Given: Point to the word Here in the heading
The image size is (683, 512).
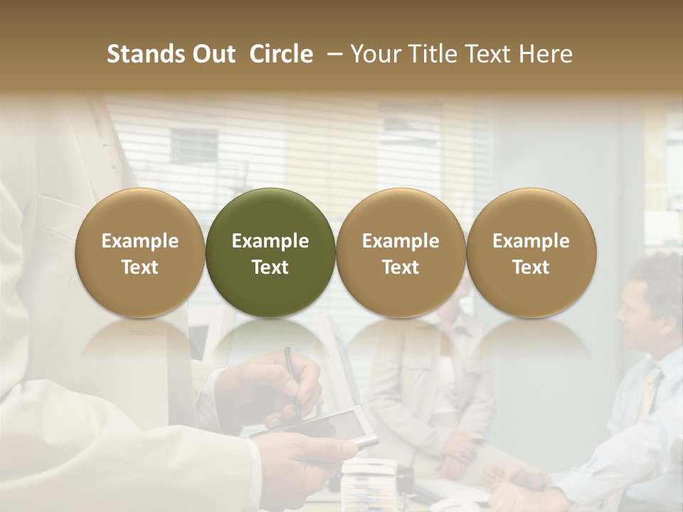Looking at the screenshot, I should point(545,54).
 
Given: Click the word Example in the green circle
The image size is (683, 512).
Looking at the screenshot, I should point(270,241).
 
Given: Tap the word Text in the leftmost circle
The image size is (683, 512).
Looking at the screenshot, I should point(140,267).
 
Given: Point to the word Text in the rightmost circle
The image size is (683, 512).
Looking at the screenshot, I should point(531,267).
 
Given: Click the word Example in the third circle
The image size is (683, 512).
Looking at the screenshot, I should point(401,241).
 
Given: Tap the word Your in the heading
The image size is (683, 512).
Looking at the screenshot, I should point(374,54).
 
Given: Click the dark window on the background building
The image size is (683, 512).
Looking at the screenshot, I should point(193,145).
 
